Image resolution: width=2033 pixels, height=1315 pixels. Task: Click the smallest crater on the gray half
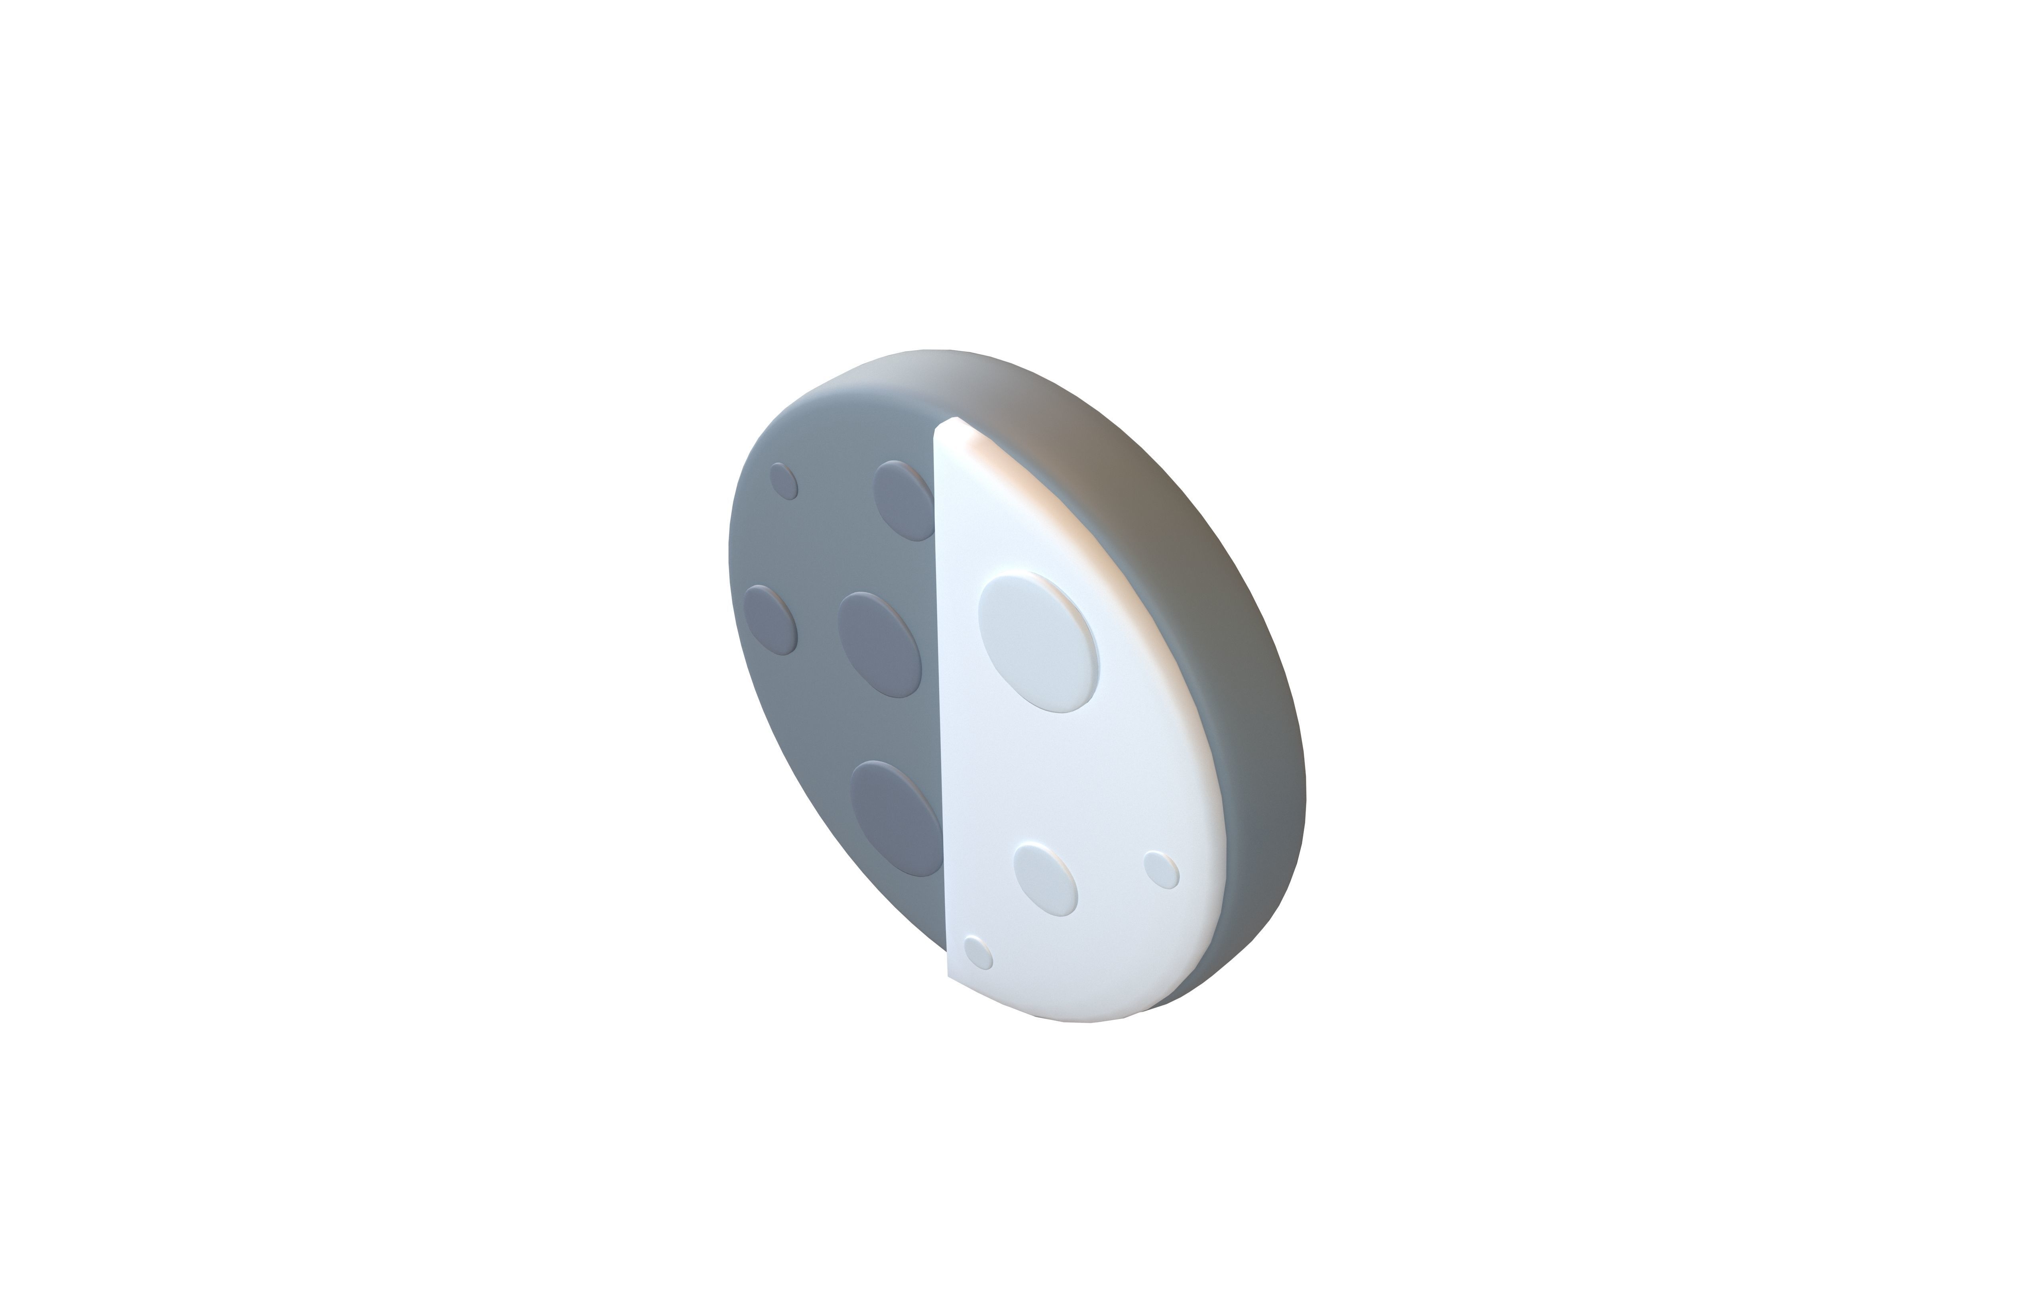pos(186,482)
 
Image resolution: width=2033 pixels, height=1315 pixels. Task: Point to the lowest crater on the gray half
pos(897,818)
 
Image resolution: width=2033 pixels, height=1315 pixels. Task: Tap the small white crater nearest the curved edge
pos(1161,870)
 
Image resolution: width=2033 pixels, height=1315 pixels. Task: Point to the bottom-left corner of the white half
pos(950,973)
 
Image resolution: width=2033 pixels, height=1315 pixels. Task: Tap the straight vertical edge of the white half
pos(941,683)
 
